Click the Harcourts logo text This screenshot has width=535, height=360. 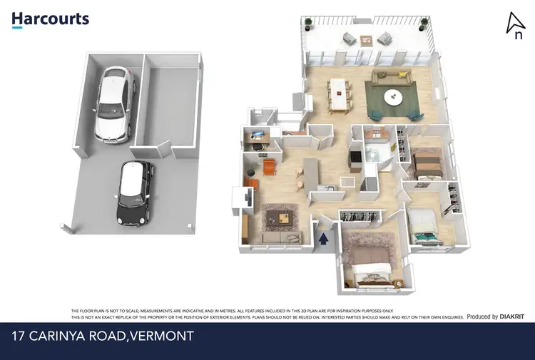click(x=50, y=18)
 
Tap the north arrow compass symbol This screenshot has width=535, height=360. click(x=515, y=25)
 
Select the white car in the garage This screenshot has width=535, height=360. click(x=115, y=102)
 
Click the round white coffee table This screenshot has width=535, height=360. click(x=393, y=96)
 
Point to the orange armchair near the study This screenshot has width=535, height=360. click(x=269, y=166)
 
